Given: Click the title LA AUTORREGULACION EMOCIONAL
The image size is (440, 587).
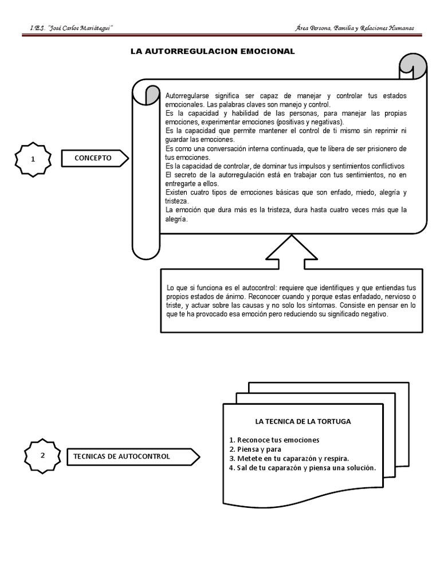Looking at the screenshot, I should pyautogui.click(x=213, y=52).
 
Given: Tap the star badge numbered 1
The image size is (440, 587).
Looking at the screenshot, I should pyautogui.click(x=34, y=159).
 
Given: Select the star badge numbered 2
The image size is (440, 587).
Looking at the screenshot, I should pyautogui.click(x=42, y=456).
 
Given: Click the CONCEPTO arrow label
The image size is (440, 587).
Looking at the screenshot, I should pyautogui.click(x=93, y=158).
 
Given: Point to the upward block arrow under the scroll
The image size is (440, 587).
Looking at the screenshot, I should pyautogui.click(x=287, y=252).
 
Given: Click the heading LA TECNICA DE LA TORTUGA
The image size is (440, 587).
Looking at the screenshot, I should pyautogui.click(x=303, y=421).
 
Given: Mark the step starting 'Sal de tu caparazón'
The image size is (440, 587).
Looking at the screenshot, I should pyautogui.click(x=302, y=467).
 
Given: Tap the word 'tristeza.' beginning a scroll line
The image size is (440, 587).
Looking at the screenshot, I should pyautogui.click(x=176, y=202).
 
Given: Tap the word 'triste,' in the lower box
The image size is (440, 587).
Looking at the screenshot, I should pyautogui.click(x=175, y=306).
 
